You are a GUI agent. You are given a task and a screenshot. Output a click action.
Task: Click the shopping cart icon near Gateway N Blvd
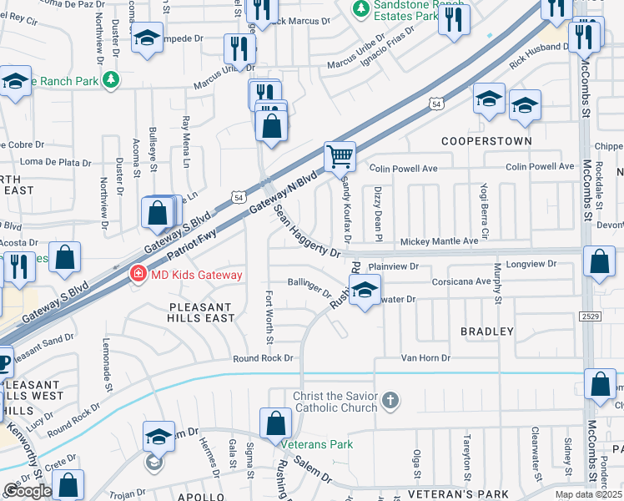click(340, 155)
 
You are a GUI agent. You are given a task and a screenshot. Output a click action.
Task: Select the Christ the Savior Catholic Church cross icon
click(390, 402)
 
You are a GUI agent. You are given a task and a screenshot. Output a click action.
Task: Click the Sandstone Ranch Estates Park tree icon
click(360, 8)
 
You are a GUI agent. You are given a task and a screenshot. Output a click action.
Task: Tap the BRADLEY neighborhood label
click(487, 331)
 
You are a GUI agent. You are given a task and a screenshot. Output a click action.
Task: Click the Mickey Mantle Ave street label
click(440, 241)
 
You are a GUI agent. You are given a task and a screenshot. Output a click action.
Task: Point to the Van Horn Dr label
click(425, 357)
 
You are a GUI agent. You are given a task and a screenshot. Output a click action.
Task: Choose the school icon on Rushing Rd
click(365, 291)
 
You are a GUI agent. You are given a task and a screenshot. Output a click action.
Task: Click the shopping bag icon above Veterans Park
click(275, 424)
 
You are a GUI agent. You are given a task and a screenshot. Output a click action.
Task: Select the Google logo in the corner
click(28, 490)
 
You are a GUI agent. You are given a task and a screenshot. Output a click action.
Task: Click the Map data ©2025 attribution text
click(587, 494)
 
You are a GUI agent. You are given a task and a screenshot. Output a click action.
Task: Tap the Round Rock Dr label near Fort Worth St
click(264, 357)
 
